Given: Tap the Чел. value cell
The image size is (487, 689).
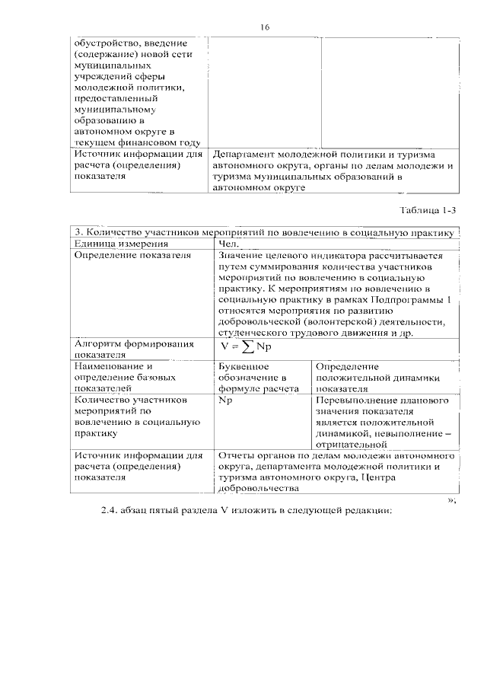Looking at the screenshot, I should coord(228,244).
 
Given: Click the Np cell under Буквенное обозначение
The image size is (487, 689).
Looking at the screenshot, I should coord(224,400).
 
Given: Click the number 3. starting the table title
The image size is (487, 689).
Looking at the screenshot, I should coord(77,232).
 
